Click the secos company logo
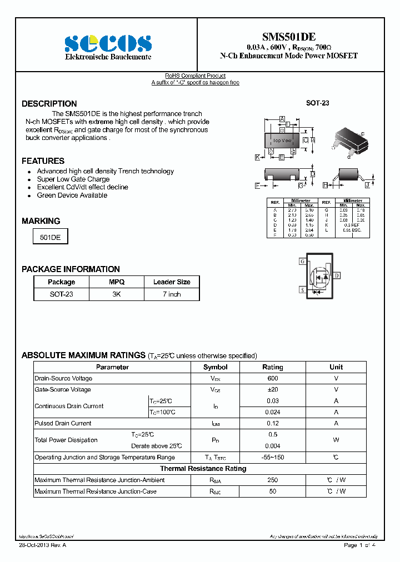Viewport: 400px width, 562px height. [107, 43]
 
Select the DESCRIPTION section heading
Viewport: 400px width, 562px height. [49, 104]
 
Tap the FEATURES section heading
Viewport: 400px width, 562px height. [43, 161]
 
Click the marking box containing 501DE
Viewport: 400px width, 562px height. [51, 237]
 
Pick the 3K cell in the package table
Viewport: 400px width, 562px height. [116, 294]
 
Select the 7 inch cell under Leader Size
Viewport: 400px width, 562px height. [172, 294]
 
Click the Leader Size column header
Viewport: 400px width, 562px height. [172, 282]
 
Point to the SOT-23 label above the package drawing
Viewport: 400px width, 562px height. [318, 103]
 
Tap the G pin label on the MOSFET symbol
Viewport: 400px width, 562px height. [302, 261]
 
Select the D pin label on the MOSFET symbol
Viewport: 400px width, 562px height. [337, 275]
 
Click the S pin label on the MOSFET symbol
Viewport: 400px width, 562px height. [302, 290]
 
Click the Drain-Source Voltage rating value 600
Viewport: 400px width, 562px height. [272, 378]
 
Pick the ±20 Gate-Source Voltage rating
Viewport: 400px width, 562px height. [272, 390]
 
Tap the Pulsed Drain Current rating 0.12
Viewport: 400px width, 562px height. [272, 423]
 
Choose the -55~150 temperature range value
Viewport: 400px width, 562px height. [272, 458]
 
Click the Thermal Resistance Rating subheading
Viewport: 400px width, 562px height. [203, 469]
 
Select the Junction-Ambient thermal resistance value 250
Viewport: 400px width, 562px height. [272, 480]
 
